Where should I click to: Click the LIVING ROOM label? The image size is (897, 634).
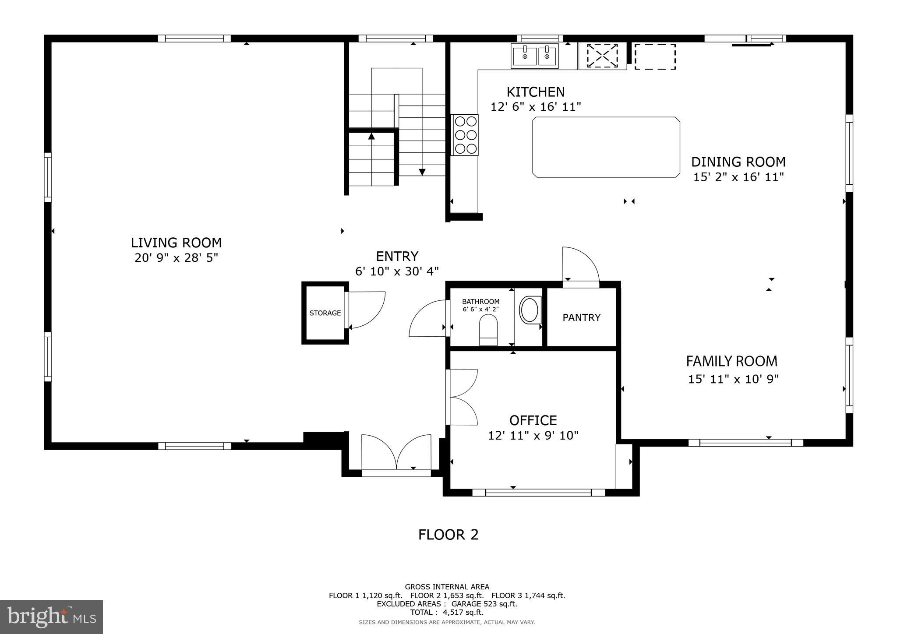[x=176, y=243]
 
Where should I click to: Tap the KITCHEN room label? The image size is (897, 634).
[x=536, y=92]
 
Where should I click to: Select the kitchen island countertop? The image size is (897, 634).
[x=606, y=147]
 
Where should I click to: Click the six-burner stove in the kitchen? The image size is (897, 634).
[x=466, y=135]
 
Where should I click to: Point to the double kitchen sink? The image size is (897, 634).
[x=535, y=56]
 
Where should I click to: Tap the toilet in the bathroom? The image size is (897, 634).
[x=488, y=331]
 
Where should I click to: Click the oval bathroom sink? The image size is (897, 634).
[x=530, y=310]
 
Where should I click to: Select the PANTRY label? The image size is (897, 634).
[x=582, y=317]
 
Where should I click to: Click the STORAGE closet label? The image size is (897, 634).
[x=325, y=313]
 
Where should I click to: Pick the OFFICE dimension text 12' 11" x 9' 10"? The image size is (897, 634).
[x=533, y=436]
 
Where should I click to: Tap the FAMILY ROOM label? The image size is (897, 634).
[x=731, y=361]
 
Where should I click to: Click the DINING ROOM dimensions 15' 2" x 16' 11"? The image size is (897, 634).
[x=738, y=177]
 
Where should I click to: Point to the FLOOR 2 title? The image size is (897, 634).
[x=448, y=535]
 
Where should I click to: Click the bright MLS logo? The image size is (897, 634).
[x=52, y=617]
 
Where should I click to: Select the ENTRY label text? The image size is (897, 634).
[x=397, y=256]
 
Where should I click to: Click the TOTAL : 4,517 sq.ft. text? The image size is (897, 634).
[x=447, y=613]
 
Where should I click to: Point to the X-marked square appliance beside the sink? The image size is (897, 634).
[x=602, y=56]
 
